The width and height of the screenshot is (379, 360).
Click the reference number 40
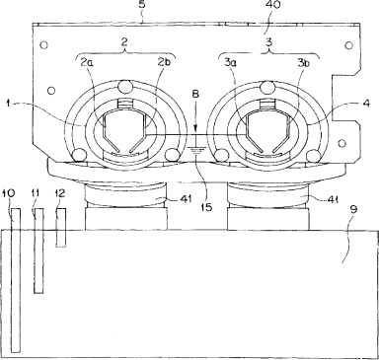(272, 6)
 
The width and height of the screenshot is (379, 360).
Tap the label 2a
(86, 63)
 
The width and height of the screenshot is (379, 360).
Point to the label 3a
(230, 63)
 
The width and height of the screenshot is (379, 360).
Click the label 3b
(304, 63)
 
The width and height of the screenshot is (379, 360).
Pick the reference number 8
(195, 94)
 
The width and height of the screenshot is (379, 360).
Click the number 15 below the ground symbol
(206, 207)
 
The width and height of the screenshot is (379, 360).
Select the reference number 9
(352, 209)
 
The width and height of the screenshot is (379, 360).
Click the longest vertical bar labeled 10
(16, 280)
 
